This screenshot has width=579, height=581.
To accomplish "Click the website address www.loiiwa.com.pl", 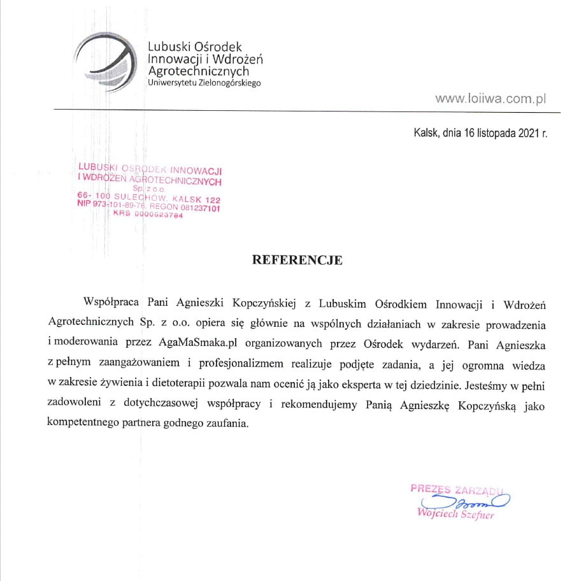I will point(491,99).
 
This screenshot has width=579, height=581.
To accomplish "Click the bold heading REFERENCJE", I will point(297,260).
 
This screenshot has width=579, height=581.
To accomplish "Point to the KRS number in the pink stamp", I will point(148,215).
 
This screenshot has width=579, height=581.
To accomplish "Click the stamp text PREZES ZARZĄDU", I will point(457,489).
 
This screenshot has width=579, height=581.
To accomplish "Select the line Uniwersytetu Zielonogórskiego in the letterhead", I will point(204,83).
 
